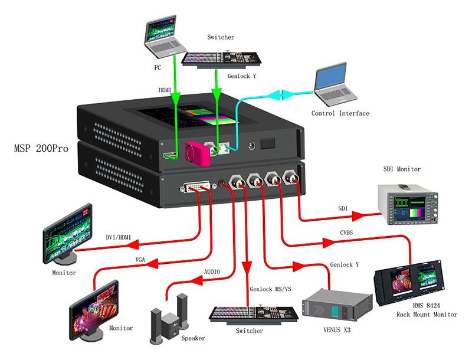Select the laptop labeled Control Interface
click(335, 86)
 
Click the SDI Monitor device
click(408, 203)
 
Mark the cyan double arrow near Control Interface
click(278, 94)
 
